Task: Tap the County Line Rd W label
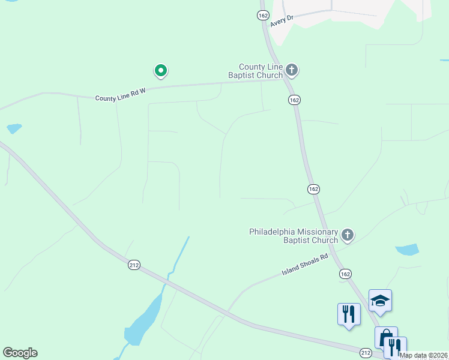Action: pos(120,94)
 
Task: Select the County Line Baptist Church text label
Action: pos(261,71)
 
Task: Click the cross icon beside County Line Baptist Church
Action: pos(292,70)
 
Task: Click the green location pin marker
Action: pos(160,71)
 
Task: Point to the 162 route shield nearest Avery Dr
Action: pos(263,16)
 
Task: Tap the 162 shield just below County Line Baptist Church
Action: pos(294,100)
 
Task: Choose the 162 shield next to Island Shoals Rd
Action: pos(345,273)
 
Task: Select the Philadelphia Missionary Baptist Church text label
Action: pos(294,236)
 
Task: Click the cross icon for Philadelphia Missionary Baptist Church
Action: pos(348,235)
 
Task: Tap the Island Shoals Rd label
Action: pos(305,265)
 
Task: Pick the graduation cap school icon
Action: pos(380,299)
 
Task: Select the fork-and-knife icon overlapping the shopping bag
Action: pos(395,346)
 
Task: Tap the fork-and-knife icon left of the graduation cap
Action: pos(349,313)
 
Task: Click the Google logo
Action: pos(20,353)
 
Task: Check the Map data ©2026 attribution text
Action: pos(424,355)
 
